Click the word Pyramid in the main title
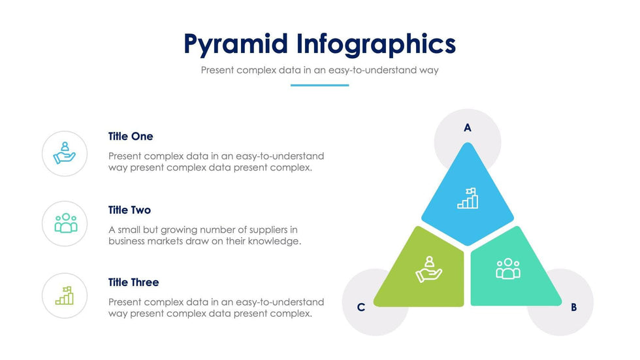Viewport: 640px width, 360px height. (x=236, y=44)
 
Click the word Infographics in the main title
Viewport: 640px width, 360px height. (x=376, y=44)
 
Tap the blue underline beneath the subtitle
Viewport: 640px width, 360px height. (x=319, y=86)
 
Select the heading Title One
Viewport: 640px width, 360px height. (x=131, y=137)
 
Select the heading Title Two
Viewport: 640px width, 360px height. (x=129, y=210)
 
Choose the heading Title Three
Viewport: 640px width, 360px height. (x=133, y=282)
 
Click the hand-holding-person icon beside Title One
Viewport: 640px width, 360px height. (x=65, y=153)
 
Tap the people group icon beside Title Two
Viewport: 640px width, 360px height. (x=66, y=223)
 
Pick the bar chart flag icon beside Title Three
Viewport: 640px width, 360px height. (x=65, y=295)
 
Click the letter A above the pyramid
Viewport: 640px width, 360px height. (x=468, y=128)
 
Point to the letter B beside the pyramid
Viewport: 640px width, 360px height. (x=573, y=307)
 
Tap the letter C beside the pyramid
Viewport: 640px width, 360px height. (x=360, y=307)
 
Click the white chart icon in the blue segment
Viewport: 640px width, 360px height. (x=468, y=198)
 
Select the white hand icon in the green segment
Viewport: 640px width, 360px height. (x=428, y=269)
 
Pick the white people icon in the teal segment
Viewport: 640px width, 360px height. (x=508, y=269)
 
